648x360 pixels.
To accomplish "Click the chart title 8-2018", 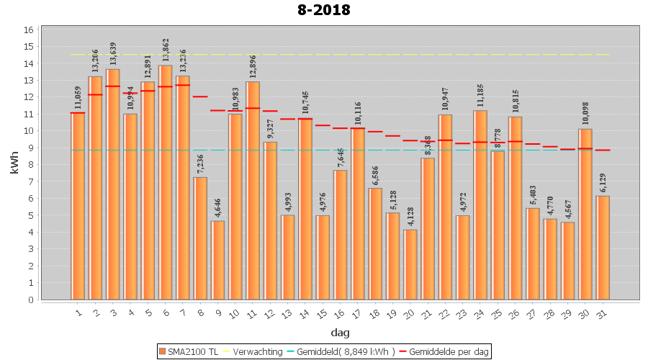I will (324, 10).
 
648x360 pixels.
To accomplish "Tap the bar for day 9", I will (218, 260).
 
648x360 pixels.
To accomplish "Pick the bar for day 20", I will (410, 264).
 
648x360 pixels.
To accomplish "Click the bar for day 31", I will (603, 248).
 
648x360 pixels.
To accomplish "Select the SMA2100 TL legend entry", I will (189, 351).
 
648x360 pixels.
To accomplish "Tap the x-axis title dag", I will (340, 332).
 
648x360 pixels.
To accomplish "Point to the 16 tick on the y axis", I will (29, 30).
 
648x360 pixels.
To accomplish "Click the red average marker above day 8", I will (200, 96).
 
